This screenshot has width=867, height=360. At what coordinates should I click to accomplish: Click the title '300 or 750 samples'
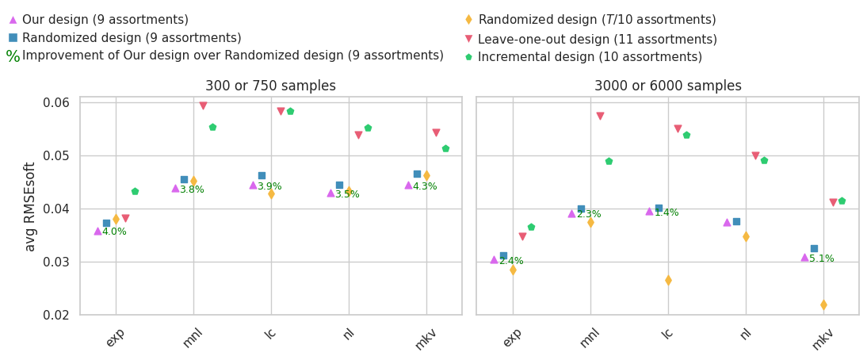pyautogui.click(x=270, y=86)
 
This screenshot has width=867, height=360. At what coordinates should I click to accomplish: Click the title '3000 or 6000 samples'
pyautogui.click(x=667, y=86)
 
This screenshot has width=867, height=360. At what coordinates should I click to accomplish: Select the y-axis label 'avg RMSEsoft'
pyautogui.click(x=30, y=206)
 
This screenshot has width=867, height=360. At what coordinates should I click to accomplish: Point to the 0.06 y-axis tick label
pyautogui.click(x=57, y=102)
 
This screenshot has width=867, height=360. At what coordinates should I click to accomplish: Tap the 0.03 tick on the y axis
pyautogui.click(x=57, y=262)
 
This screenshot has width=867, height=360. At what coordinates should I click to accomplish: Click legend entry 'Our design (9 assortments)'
pyautogui.click(x=105, y=20)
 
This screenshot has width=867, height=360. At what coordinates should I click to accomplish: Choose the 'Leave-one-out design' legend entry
pyautogui.click(x=597, y=39)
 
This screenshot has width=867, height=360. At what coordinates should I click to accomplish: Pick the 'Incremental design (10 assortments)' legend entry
pyautogui.click(x=590, y=57)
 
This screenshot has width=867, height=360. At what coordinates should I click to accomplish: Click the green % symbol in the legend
pyautogui.click(x=13, y=56)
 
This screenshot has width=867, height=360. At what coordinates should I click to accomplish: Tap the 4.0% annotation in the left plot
pyautogui.click(x=114, y=232)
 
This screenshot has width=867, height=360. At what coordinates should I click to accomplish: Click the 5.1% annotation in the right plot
pyautogui.click(x=821, y=259)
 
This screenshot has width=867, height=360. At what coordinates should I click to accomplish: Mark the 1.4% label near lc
pyautogui.click(x=666, y=213)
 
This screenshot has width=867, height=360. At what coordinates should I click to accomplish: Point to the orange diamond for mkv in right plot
pyautogui.click(x=823, y=304)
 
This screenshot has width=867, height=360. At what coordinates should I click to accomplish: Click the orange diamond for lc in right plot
pyautogui.click(x=668, y=280)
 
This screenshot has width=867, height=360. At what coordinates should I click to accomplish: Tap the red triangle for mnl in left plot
pyautogui.click(x=203, y=105)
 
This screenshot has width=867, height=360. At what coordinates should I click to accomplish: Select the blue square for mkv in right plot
pyautogui.click(x=814, y=248)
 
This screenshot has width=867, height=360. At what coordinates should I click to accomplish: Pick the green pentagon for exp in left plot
pyautogui.click(x=135, y=191)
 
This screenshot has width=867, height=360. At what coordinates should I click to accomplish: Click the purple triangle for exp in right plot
pyautogui.click(x=494, y=259)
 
